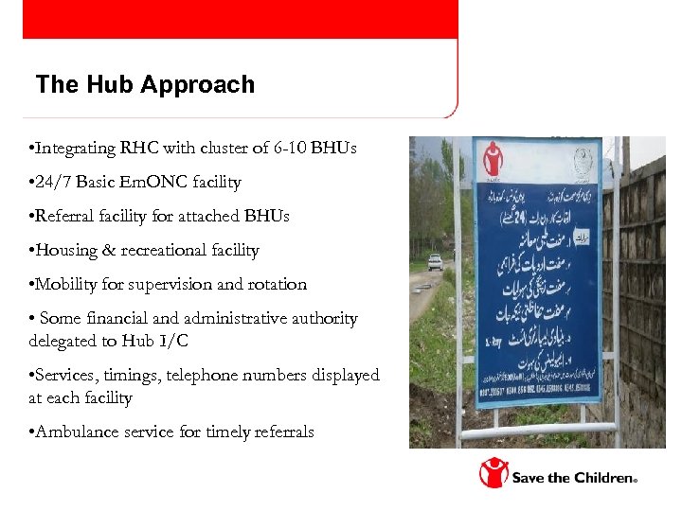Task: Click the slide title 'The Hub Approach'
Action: [x=145, y=85]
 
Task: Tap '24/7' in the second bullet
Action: [x=55, y=182]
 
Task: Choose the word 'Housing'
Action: [x=65, y=250]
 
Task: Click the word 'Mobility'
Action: [x=65, y=284]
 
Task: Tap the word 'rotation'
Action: [x=276, y=284]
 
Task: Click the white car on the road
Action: [x=435, y=262]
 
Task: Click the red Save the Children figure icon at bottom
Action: [x=493, y=473]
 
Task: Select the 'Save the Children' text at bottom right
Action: [x=574, y=478]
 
